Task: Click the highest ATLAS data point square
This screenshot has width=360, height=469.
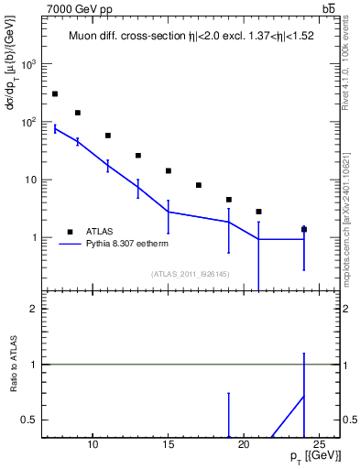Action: click(x=55, y=93)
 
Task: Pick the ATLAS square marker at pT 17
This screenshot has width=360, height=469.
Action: click(x=199, y=185)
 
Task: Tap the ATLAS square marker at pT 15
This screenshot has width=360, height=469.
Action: click(x=169, y=170)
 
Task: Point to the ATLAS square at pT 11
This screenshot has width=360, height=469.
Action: click(x=108, y=136)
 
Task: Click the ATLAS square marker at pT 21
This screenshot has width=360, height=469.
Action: click(x=259, y=212)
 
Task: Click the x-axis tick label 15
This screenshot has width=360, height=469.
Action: click(x=169, y=445)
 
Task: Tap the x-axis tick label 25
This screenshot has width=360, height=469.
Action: click(x=319, y=445)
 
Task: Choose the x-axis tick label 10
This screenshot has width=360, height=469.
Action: click(x=93, y=445)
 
